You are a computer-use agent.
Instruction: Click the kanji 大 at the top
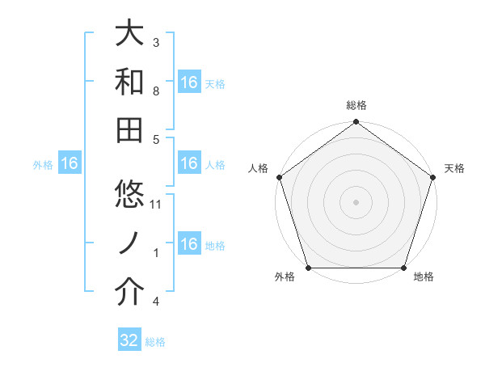[130, 34]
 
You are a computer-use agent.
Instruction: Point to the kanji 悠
[130, 194]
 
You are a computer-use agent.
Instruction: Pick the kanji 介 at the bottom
[130, 293]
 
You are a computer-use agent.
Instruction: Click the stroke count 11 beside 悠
[157, 205]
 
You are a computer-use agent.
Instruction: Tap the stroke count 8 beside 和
[156, 91]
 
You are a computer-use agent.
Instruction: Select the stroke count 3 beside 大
[156, 42]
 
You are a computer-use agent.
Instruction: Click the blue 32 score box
[129, 340]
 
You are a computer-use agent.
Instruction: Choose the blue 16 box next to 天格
[189, 82]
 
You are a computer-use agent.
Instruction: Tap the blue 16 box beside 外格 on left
[69, 164]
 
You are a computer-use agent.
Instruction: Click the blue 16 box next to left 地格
[189, 244]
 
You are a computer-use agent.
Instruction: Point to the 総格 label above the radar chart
[356, 105]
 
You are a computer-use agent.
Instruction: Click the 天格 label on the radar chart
[454, 168]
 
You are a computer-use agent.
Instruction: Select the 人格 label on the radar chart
[259, 168]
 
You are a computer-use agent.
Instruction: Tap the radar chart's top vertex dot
[356, 123]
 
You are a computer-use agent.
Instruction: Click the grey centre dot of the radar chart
[356, 201]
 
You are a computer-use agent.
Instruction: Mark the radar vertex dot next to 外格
[308, 268]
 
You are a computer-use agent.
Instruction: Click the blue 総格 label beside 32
[155, 342]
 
